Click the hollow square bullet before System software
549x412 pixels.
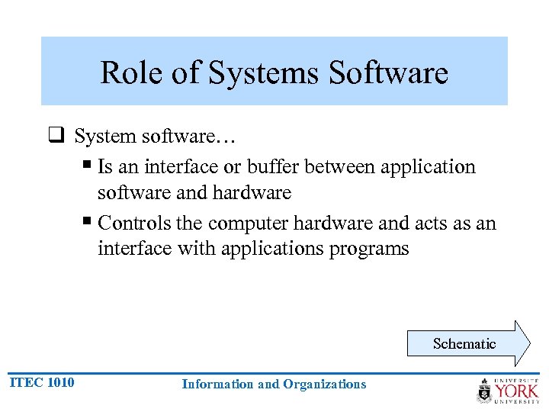click(x=56, y=137)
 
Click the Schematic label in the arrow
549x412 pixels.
click(x=464, y=343)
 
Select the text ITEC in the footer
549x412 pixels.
click(x=25, y=382)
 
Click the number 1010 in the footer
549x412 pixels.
click(x=60, y=382)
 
